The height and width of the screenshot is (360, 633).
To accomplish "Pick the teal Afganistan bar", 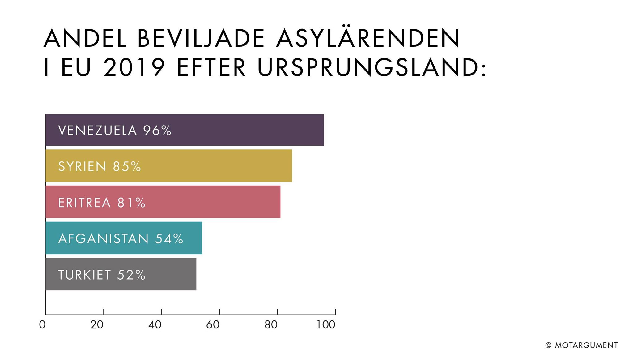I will pyautogui.click(x=124, y=238).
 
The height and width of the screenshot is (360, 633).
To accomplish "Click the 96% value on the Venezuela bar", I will pyautogui.click(x=157, y=131).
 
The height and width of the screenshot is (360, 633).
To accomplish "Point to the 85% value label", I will pyautogui.click(x=127, y=167).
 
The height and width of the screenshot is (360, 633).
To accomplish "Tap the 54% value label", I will pyautogui.click(x=169, y=239).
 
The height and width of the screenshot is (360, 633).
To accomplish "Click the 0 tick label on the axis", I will pyautogui.click(x=42, y=324).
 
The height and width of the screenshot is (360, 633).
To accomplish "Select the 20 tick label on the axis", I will pyautogui.click(x=97, y=324).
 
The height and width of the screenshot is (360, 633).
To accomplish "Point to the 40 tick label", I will pyautogui.click(x=155, y=324).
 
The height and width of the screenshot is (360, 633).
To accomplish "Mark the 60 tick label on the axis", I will pyautogui.click(x=213, y=324).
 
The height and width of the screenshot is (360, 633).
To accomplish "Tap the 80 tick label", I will pyautogui.click(x=271, y=324).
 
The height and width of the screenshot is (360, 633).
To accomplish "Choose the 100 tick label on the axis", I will pyautogui.click(x=326, y=324).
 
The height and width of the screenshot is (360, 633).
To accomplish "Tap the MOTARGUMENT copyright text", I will pyautogui.click(x=586, y=345).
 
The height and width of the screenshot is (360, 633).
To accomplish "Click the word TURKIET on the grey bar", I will pyautogui.click(x=84, y=275).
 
